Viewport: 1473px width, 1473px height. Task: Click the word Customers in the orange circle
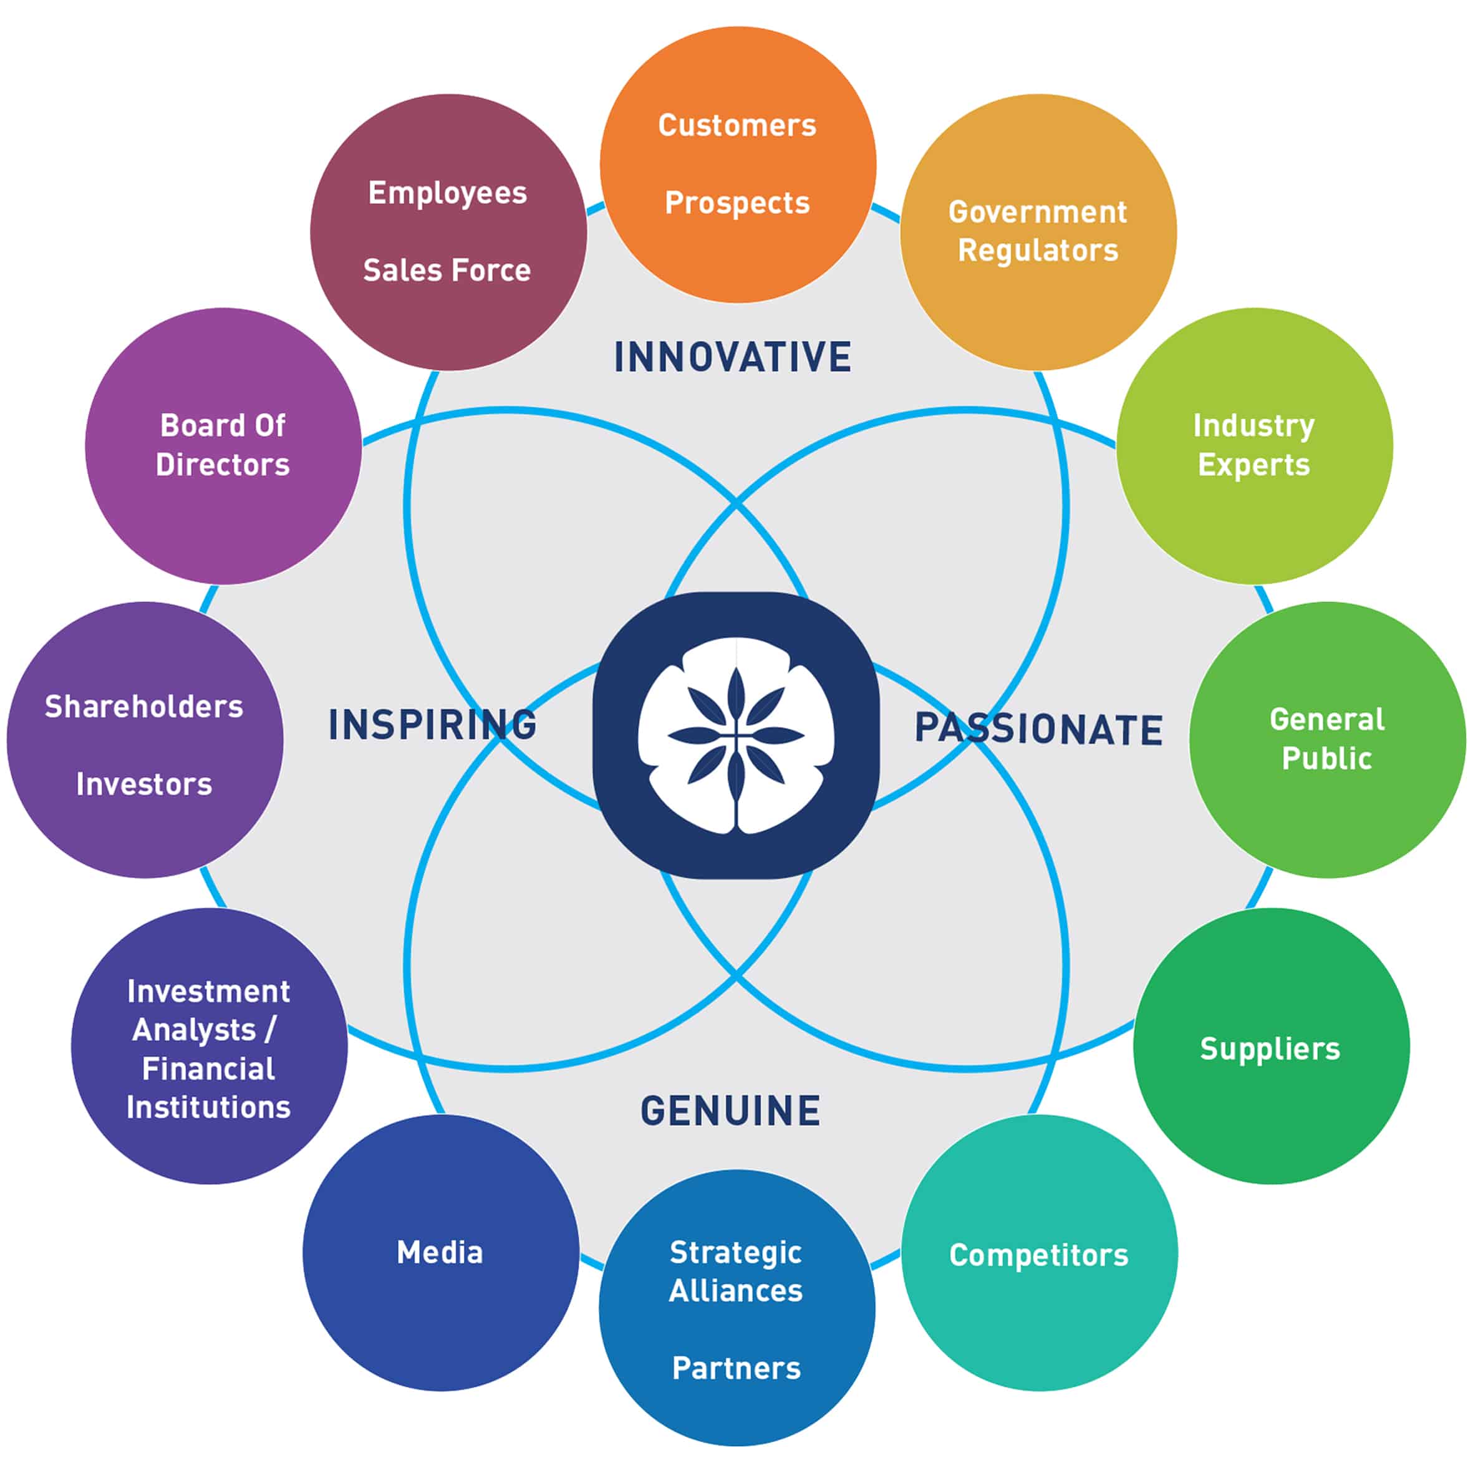pyautogui.click(x=737, y=125)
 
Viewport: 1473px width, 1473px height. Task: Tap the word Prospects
pyautogui.click(x=737, y=203)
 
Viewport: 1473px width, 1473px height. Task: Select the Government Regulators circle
pyautogui.click(x=1038, y=232)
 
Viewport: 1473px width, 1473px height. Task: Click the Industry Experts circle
pyautogui.click(x=1254, y=446)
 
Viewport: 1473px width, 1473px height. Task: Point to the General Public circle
pyautogui.click(x=1327, y=740)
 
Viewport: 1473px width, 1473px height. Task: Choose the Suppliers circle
pyautogui.click(x=1271, y=1046)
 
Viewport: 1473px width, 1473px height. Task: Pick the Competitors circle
pyautogui.click(x=1039, y=1253)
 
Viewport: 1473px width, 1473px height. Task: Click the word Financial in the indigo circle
pyautogui.click(x=209, y=1069)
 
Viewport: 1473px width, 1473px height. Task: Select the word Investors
pyautogui.click(x=144, y=785)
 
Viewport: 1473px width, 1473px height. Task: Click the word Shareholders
pyautogui.click(x=144, y=707)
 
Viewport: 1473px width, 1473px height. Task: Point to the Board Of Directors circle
pyautogui.click(x=223, y=446)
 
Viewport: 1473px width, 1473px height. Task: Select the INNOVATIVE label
pyautogui.click(x=733, y=357)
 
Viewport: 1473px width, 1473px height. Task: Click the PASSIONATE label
pyautogui.click(x=1038, y=729)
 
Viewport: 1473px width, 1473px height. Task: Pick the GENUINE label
pyautogui.click(x=730, y=1111)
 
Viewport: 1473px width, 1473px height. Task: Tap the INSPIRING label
pyautogui.click(x=432, y=724)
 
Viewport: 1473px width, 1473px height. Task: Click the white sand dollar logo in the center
pyautogui.click(x=736, y=736)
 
